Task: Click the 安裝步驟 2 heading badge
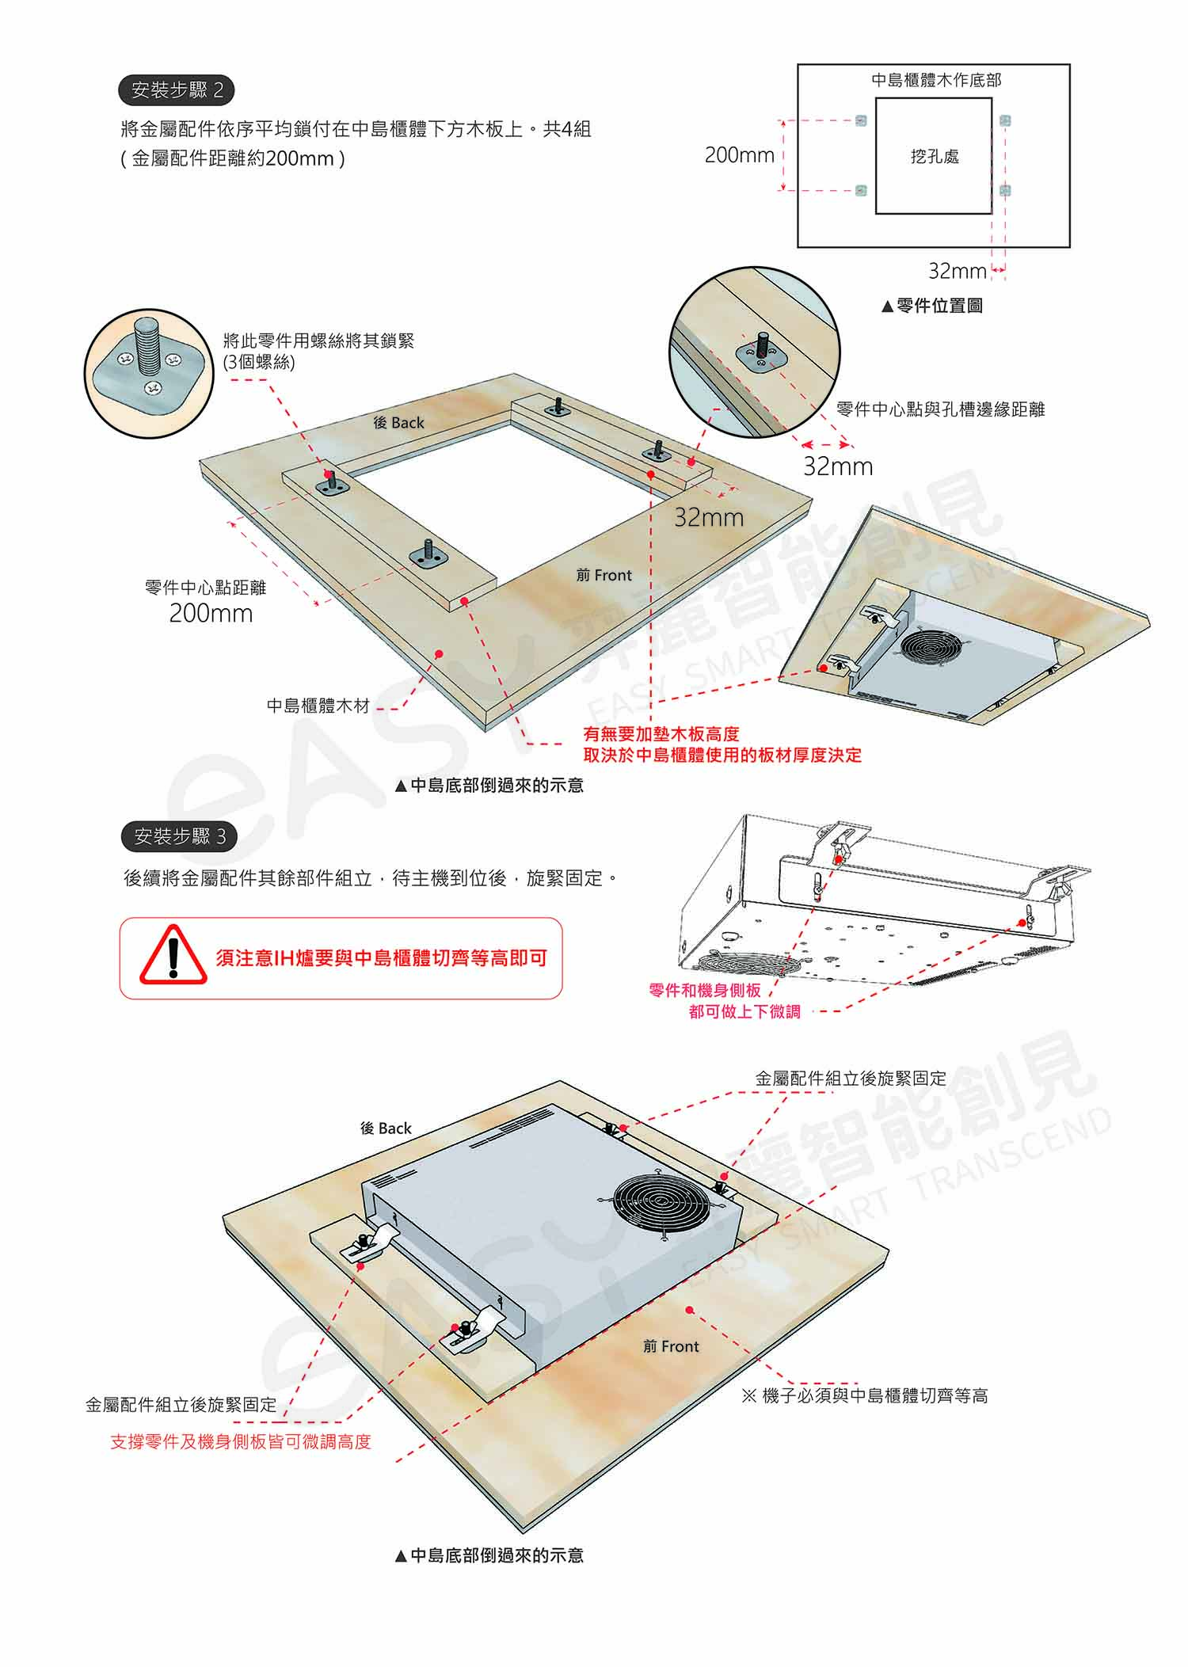[x=177, y=90]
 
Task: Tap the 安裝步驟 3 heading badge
[x=179, y=836]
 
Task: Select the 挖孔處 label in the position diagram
[x=935, y=157]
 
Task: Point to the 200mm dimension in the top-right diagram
[x=739, y=155]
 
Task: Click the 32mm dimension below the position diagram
[x=957, y=271]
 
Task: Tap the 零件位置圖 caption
[x=931, y=306]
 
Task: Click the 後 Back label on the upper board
[x=398, y=423]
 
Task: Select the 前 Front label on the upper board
[x=604, y=575]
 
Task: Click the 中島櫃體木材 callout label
[x=318, y=706]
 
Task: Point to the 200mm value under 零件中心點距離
[x=211, y=613]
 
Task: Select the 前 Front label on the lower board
[x=671, y=1346]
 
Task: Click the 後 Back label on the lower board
[x=386, y=1128]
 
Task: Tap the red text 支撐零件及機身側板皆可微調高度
[x=241, y=1441]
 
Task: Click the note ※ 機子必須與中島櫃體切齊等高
[x=865, y=1395]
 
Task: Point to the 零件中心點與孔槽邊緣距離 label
[x=941, y=409]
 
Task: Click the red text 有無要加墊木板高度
[x=661, y=734]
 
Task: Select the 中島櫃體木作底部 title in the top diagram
[x=936, y=80]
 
